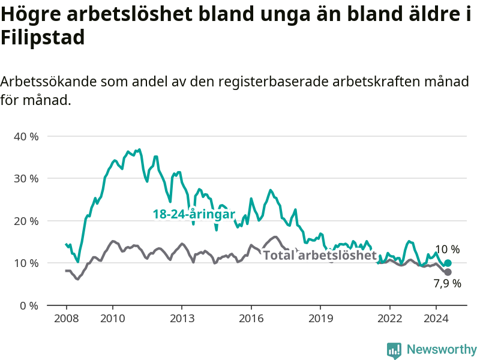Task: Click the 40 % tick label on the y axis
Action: click(26, 137)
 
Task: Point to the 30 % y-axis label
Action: click(26, 179)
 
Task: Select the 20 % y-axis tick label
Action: click(26, 221)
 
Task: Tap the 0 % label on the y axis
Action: click(29, 306)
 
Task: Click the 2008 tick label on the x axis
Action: click(67, 319)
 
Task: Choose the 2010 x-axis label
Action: click(113, 319)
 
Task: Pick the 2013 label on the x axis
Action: click(182, 319)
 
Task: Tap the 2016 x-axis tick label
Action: click(251, 319)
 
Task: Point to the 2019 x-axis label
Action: click(320, 319)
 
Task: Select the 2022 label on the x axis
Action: click(389, 319)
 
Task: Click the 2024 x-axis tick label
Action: click(436, 319)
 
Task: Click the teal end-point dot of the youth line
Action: click(448, 263)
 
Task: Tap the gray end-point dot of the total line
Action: click(448, 272)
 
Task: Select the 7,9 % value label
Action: click(447, 284)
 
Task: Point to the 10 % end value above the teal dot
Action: click(447, 250)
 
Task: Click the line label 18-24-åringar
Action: click(194, 214)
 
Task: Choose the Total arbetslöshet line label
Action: click(320, 255)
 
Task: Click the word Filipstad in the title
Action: click(43, 37)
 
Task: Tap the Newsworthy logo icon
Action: click(394, 350)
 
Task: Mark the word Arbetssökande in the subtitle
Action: click(48, 82)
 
